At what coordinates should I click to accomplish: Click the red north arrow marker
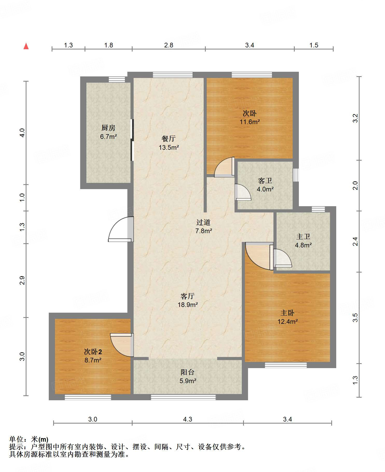point(26,46)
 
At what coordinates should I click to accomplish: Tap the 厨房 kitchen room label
point(108,128)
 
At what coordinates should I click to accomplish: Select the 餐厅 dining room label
point(169,139)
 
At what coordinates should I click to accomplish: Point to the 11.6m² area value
point(250,122)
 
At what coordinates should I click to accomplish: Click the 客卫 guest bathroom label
point(265,181)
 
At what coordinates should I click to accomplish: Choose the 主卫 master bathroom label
point(303,237)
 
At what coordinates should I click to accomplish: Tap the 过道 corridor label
point(203,222)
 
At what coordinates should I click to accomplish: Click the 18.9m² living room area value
point(188,305)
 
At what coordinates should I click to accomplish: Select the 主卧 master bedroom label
point(287,313)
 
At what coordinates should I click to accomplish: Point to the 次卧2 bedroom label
point(93,352)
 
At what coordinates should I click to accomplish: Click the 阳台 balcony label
point(188,372)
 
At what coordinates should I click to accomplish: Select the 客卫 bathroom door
point(243,192)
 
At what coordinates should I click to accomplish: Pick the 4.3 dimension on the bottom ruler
point(188,419)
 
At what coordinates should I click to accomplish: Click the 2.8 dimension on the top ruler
point(169,45)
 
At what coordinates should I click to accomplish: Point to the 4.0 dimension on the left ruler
point(22,133)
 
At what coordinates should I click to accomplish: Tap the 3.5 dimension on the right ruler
point(355,318)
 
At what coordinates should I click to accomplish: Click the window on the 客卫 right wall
point(296,175)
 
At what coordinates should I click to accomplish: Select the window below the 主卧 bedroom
point(286,365)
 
